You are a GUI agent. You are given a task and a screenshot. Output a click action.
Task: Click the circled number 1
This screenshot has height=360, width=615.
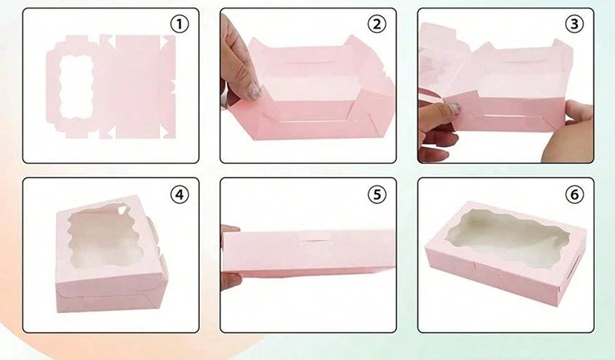(179, 25)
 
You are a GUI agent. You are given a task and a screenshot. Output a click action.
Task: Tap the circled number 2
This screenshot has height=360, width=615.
(377, 25)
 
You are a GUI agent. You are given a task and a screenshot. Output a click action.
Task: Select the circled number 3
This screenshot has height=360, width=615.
(574, 25)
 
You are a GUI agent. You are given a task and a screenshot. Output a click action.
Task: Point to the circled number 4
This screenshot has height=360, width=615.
(179, 195)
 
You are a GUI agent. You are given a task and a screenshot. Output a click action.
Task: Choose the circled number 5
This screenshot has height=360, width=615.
(377, 195)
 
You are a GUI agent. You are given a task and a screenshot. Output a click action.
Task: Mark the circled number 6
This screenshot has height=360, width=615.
(574, 195)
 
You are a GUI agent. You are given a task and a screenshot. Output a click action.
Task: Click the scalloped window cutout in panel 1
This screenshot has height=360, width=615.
(77, 87)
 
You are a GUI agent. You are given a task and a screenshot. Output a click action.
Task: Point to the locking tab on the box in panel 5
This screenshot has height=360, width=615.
(316, 237)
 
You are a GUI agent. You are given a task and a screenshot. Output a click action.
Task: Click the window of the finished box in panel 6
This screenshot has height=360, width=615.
(509, 235)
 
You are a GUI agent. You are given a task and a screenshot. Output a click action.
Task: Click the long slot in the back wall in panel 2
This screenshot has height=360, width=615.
(308, 62)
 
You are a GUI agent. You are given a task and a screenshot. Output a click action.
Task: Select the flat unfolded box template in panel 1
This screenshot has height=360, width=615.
(111, 87)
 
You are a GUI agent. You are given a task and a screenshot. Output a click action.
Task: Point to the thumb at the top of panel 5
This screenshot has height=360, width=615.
(231, 229)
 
